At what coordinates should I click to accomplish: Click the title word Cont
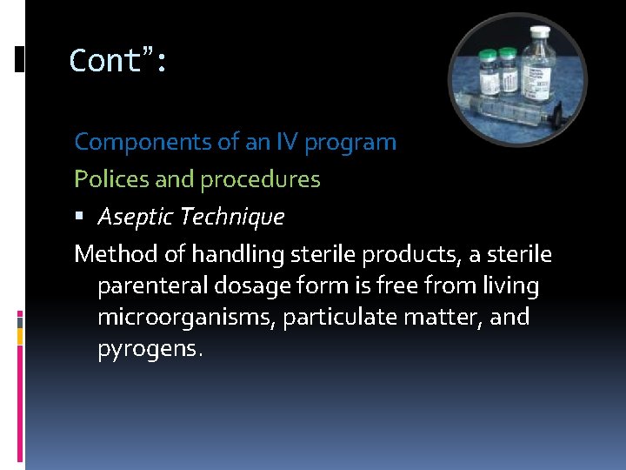point(105,61)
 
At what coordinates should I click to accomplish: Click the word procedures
point(260,180)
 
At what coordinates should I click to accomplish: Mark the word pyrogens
point(149,349)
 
